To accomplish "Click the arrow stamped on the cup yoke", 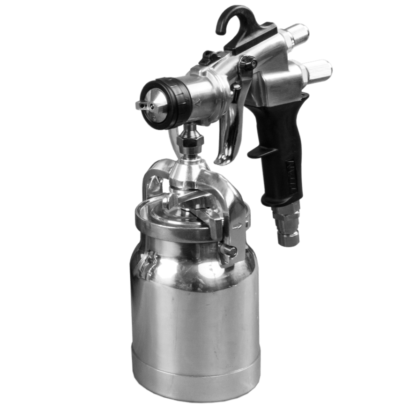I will pos(240,226).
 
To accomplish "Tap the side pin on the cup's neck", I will pos(229,251).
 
